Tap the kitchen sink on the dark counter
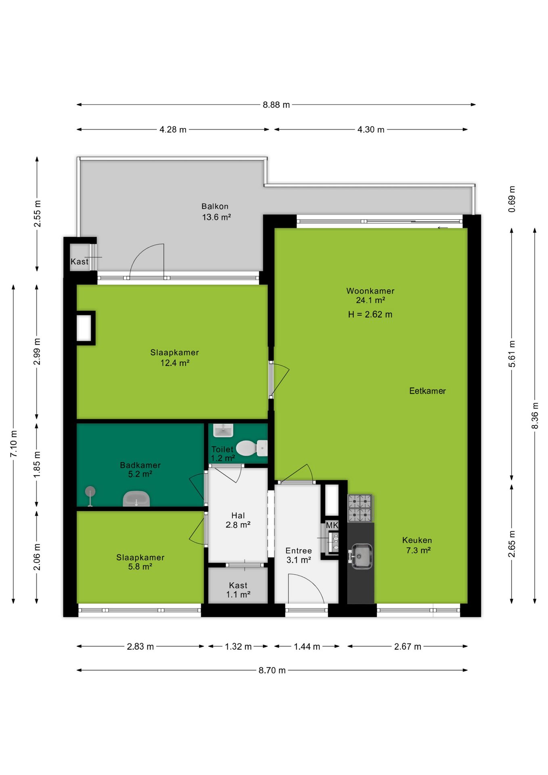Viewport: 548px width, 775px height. pyautogui.click(x=361, y=555)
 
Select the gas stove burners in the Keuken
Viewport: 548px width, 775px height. pyautogui.click(x=360, y=508)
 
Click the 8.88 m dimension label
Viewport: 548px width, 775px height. pyautogui.click(x=276, y=105)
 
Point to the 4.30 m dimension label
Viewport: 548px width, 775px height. pyautogui.click(x=371, y=130)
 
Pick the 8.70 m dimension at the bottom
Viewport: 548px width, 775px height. pyautogui.click(x=272, y=670)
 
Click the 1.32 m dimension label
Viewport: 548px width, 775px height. pyautogui.click(x=238, y=647)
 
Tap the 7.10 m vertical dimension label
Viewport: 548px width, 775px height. pyautogui.click(x=14, y=444)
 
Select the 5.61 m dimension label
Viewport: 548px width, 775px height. pyautogui.click(x=512, y=354)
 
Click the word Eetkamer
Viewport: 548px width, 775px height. pyautogui.click(x=427, y=391)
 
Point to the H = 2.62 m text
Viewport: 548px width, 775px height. pyautogui.click(x=370, y=314)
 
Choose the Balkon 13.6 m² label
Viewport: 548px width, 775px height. pyautogui.click(x=216, y=212)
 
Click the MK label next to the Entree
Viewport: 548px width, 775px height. pyautogui.click(x=332, y=525)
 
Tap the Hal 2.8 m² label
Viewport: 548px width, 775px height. pyautogui.click(x=238, y=520)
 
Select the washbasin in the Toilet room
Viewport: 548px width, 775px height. pyautogui.click(x=223, y=430)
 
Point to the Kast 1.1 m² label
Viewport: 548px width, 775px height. pyautogui.click(x=238, y=590)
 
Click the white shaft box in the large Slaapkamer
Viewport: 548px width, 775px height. pyautogui.click(x=84, y=328)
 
